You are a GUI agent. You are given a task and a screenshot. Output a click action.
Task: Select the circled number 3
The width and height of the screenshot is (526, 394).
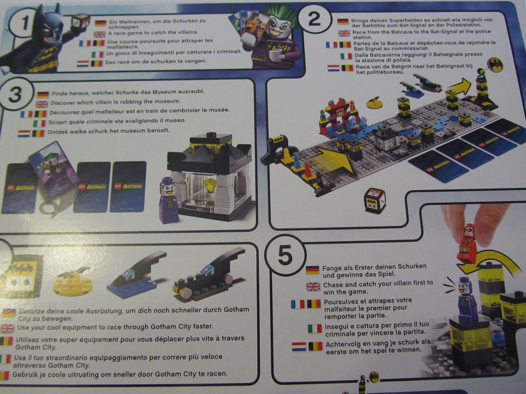[x=15, y=94]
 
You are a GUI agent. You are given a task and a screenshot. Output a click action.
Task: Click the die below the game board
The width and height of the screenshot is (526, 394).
[x=375, y=201]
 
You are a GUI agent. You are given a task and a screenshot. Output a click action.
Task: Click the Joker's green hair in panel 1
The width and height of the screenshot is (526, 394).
[x=281, y=15]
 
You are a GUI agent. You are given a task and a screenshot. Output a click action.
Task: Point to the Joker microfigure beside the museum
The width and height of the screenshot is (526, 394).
[x=168, y=201]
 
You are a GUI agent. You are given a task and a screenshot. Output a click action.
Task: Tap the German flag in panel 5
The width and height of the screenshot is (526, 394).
[x=312, y=270]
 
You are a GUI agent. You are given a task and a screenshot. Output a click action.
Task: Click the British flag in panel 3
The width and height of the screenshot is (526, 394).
[x=42, y=104]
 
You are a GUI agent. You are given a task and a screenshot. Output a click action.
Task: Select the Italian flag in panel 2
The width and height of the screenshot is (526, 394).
[x=346, y=56]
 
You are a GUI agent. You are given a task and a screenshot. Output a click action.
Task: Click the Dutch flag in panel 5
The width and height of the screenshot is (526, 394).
[x=299, y=346]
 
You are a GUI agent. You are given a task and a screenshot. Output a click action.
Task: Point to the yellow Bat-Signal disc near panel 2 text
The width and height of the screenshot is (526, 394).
[x=496, y=65]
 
